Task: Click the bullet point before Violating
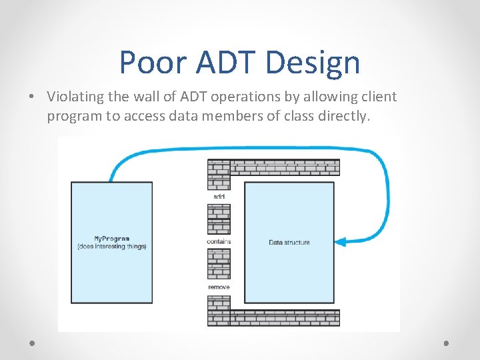(x=33, y=97)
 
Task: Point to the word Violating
(x=75, y=97)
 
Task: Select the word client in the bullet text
(x=378, y=97)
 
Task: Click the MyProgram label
(x=111, y=239)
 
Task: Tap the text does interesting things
(x=111, y=247)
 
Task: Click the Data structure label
(x=289, y=242)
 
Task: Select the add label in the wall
(x=219, y=197)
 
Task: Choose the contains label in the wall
(x=219, y=242)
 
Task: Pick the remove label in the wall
(x=219, y=287)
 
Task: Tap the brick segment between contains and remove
(x=219, y=264)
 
